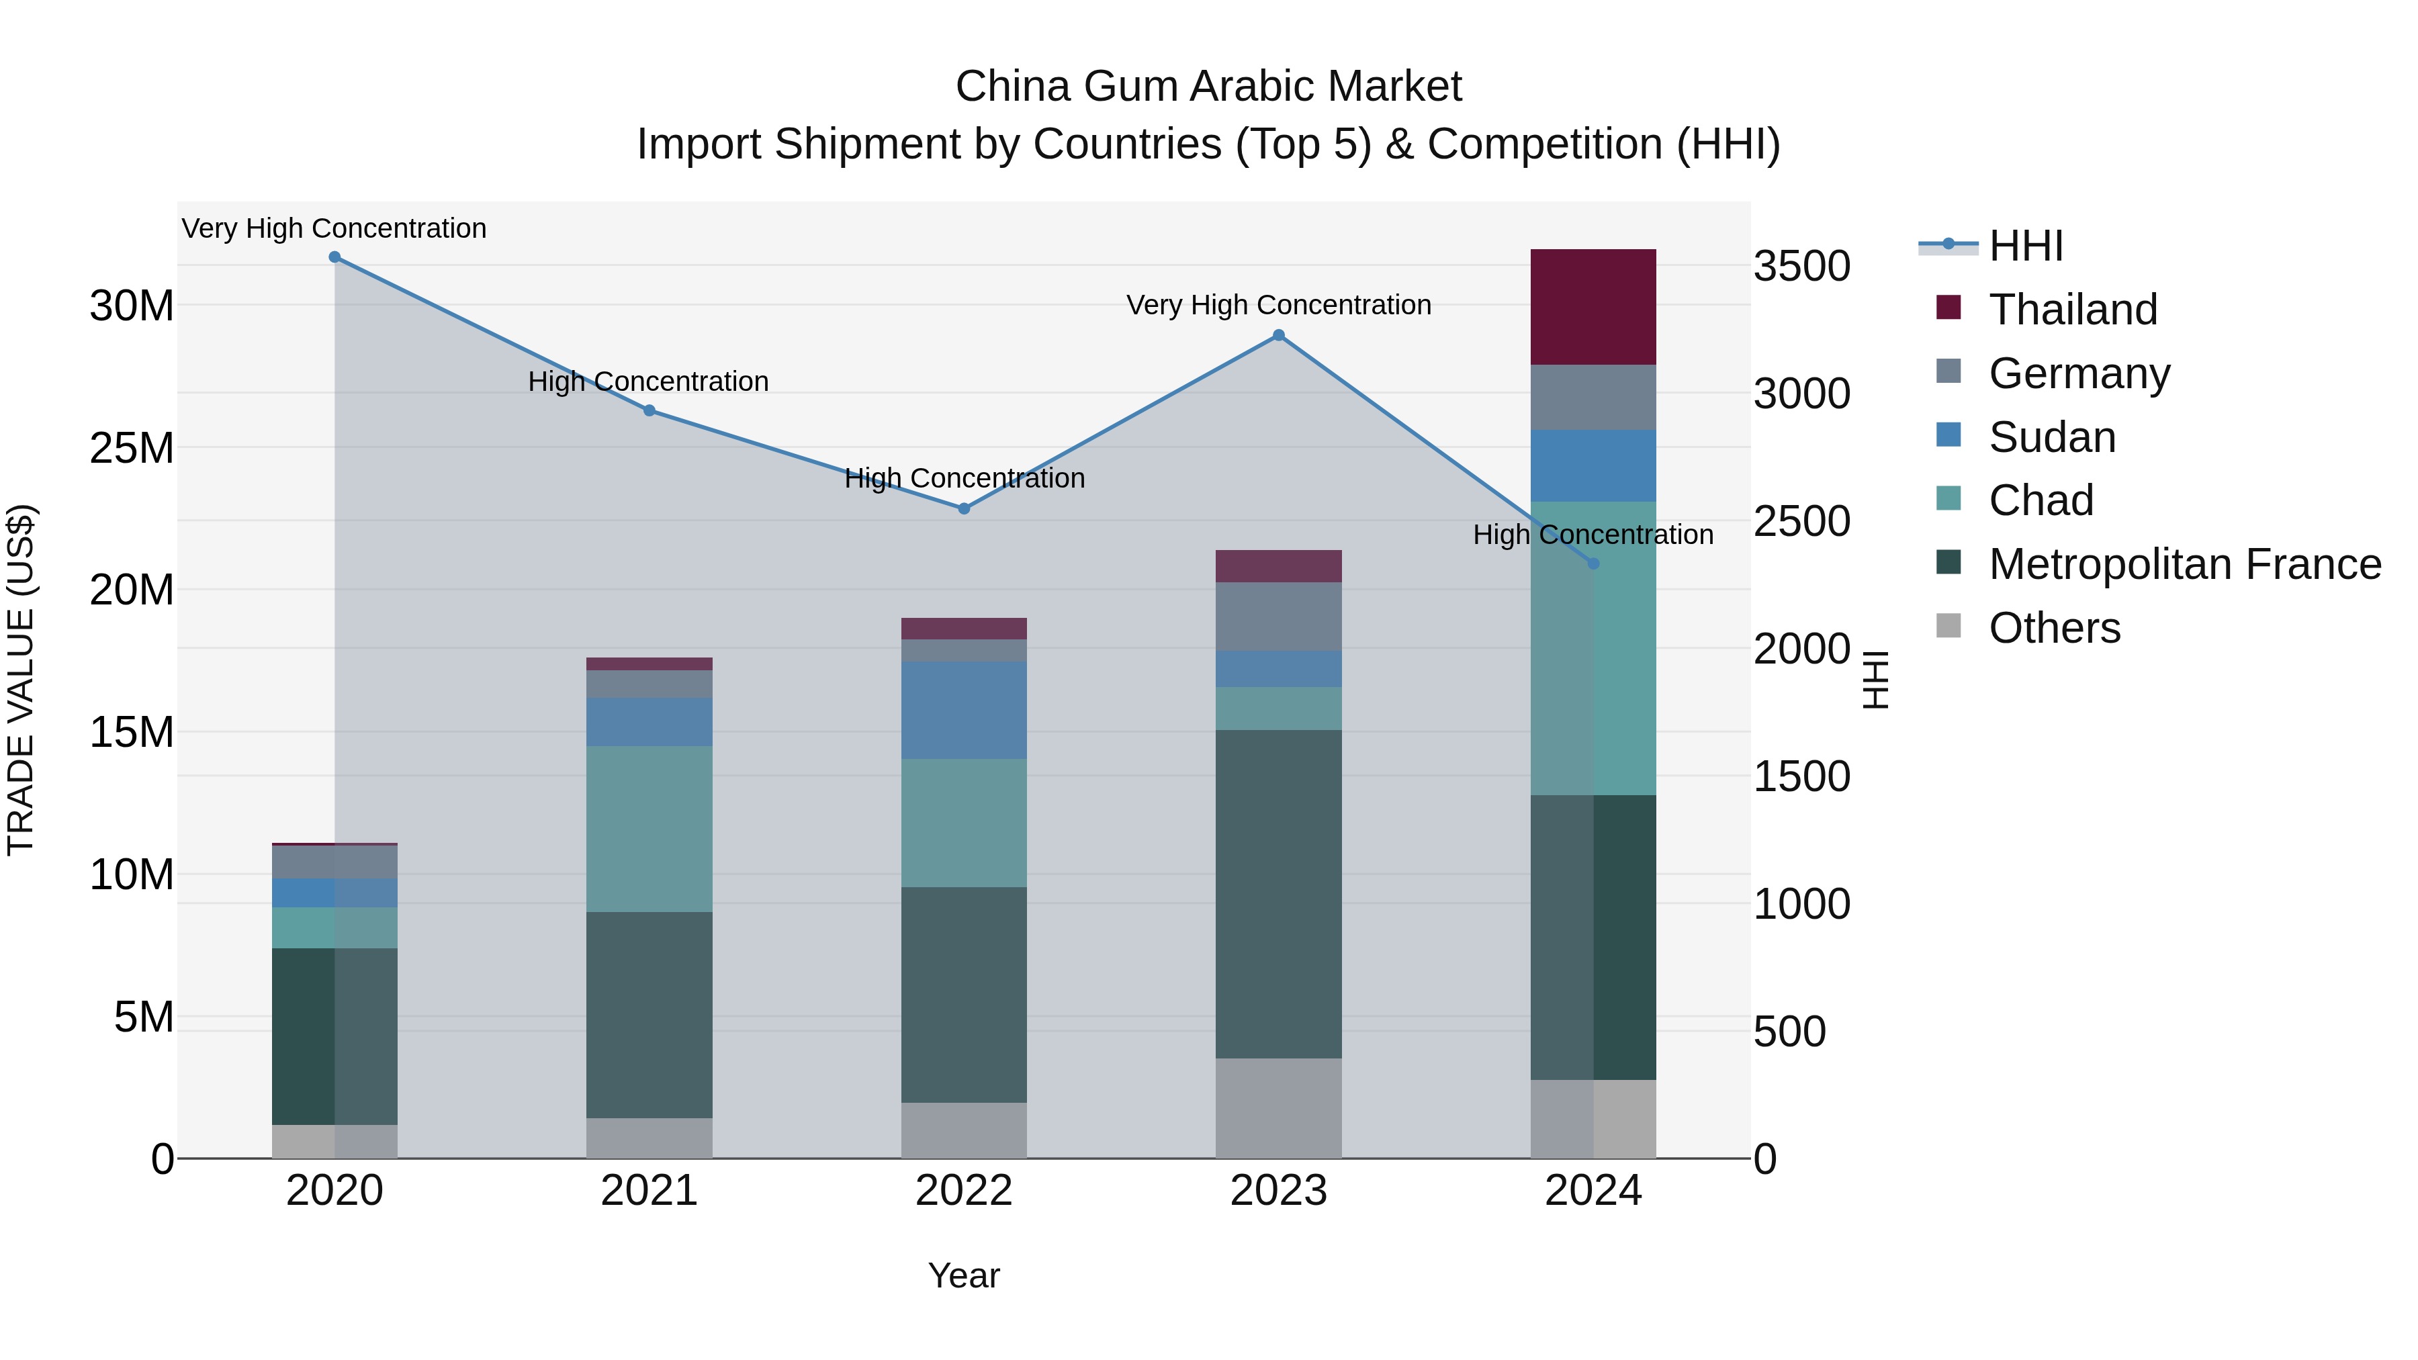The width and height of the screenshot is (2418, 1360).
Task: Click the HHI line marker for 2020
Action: pos(334,257)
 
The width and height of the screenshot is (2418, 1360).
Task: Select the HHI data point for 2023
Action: pos(1278,335)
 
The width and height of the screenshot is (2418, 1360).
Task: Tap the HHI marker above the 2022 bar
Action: pos(964,508)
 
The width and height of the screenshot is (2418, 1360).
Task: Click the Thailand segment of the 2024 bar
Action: pos(1593,307)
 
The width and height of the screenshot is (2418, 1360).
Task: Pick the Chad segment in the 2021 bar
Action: pos(649,829)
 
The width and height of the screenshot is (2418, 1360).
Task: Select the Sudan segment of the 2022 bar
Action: pos(964,711)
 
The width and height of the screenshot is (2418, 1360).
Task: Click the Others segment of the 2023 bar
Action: pos(1278,1108)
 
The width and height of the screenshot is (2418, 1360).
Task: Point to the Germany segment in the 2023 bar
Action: pos(1278,617)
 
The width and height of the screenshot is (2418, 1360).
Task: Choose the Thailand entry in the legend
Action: pos(2073,310)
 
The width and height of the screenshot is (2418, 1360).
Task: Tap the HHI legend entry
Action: pos(2026,246)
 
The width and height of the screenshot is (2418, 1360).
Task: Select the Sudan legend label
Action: pos(2052,437)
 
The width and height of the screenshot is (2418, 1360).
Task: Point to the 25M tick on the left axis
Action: pos(132,449)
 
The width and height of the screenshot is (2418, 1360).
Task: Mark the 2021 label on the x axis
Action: pos(649,1191)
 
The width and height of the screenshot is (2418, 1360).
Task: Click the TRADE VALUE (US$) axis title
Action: pos(21,680)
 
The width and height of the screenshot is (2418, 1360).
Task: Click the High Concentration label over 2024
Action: pos(1593,535)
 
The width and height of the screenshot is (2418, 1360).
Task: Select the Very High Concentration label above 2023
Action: pos(1278,305)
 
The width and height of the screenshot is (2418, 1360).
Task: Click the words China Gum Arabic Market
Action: pos(1208,87)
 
